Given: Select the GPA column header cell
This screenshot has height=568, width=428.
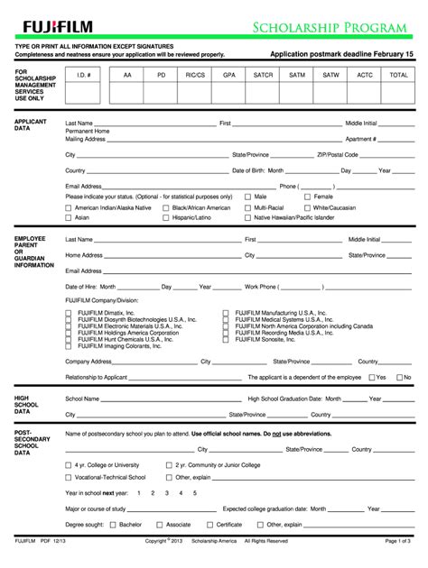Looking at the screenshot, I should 229,76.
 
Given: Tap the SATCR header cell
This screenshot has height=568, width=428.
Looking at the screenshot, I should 263,76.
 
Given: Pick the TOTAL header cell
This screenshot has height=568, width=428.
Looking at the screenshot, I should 398,76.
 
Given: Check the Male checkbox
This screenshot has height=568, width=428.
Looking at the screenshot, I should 248,196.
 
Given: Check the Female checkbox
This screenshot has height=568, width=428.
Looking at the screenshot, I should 307,196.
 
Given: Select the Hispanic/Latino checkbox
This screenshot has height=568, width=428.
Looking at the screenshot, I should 165,217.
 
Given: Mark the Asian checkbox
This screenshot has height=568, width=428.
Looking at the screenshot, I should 69,217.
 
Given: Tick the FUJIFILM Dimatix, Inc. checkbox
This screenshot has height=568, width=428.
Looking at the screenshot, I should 70,312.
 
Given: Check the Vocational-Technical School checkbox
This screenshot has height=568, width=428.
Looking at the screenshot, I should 69,477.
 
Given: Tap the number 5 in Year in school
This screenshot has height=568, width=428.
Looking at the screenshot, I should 195,493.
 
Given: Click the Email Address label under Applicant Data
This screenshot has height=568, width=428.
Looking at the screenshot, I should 84,186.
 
